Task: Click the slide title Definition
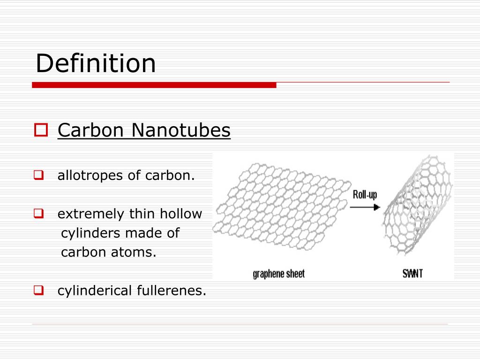pos(96,63)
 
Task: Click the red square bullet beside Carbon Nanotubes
pos(41,130)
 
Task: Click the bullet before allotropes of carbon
pos(38,176)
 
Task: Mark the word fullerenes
pos(171,291)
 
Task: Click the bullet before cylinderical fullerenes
pos(38,291)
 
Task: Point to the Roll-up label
pos(365,195)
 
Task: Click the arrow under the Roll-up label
pos(366,207)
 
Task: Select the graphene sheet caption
pos(278,273)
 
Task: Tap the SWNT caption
pos(412,273)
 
